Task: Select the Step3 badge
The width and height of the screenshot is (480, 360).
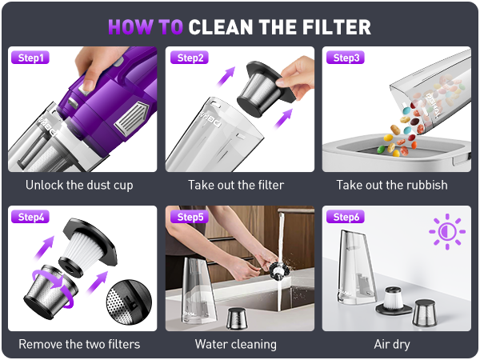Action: click(x=346, y=58)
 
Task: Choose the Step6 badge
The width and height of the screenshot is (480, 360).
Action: click(x=346, y=217)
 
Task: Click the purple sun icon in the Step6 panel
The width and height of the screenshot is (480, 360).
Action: click(x=446, y=231)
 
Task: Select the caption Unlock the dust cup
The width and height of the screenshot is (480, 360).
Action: click(x=79, y=186)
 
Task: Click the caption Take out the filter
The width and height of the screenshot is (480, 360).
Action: click(x=236, y=186)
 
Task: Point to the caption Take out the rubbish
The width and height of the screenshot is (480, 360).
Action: click(x=392, y=186)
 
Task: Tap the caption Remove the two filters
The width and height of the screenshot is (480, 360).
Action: click(x=79, y=345)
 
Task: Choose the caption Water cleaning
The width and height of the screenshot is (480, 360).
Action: click(x=236, y=345)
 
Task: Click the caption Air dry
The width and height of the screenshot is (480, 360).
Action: click(x=392, y=345)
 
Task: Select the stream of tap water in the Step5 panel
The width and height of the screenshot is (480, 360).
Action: click(x=278, y=272)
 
